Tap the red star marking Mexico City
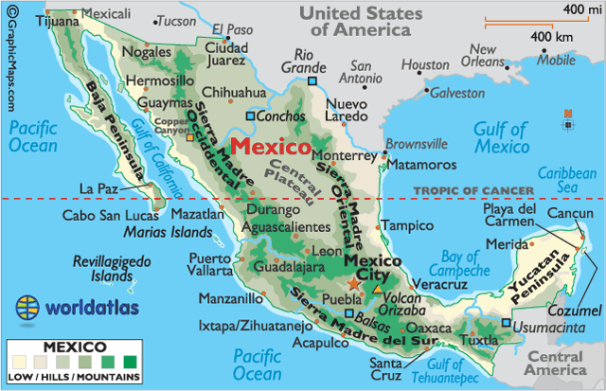354,282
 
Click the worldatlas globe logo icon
29,308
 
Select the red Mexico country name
270,148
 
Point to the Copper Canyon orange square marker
190,137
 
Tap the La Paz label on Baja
98,187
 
